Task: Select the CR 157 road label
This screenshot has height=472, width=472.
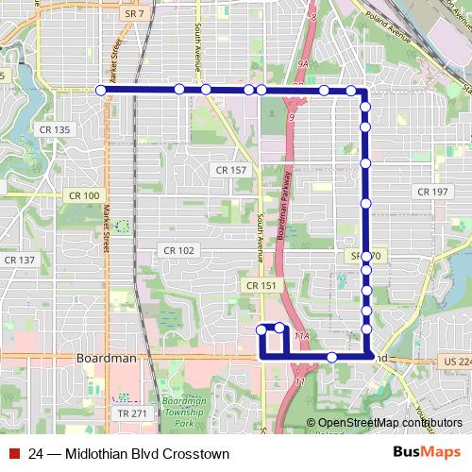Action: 230,170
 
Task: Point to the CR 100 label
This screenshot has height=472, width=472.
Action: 84,195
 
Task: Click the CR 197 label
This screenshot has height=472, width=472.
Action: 432,192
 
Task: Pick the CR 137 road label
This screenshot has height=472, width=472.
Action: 19,260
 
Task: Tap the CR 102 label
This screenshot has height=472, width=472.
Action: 178,250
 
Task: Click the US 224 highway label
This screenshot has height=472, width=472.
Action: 455,361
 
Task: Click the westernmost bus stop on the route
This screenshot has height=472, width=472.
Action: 100,90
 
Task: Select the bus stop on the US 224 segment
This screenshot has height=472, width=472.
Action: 332,357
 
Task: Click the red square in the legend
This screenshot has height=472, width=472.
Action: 14,454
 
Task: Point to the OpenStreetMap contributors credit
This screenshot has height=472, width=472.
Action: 384,423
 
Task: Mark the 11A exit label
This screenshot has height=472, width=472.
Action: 302,335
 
